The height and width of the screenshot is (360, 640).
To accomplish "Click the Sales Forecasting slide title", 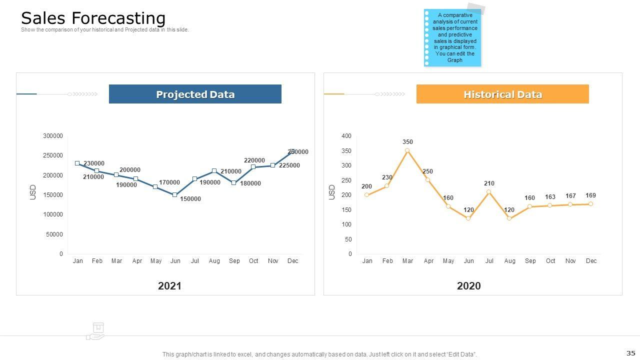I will pyautogui.click(x=93, y=18).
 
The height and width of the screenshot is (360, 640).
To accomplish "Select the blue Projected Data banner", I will pyautogui.click(x=195, y=94).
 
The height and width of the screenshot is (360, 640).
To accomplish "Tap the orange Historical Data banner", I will pyautogui.click(x=502, y=94).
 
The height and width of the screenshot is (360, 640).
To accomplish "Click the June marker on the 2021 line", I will pyautogui.click(x=174, y=195).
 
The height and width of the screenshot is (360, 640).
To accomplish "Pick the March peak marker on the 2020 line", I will pyautogui.click(x=407, y=150).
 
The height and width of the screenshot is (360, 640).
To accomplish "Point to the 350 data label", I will pyautogui.click(x=407, y=142).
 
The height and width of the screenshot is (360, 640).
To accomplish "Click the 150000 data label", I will pyautogui.click(x=190, y=199).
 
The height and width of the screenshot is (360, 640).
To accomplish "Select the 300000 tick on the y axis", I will pyautogui.click(x=53, y=136).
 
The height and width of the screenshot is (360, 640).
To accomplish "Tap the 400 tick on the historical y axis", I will pyautogui.click(x=346, y=136).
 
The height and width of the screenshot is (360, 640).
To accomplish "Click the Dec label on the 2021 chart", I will pyautogui.click(x=292, y=261).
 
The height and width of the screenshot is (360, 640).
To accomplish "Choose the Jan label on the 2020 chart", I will pyautogui.click(x=367, y=261).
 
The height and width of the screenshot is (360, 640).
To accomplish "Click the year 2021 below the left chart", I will pyautogui.click(x=169, y=286).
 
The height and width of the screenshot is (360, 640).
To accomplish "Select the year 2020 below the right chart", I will pyautogui.click(x=468, y=286).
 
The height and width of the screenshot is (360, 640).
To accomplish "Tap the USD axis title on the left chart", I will pyautogui.click(x=33, y=192).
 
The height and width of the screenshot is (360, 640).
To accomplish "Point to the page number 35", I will pyautogui.click(x=630, y=353).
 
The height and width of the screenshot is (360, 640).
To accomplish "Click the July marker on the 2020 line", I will pyautogui.click(x=489, y=192).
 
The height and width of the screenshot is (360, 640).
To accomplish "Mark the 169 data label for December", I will pyautogui.click(x=590, y=195).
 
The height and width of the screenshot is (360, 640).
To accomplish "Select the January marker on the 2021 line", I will pyautogui.click(x=77, y=163).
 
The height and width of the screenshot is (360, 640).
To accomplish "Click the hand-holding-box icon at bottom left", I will pyautogui.click(x=96, y=331).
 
